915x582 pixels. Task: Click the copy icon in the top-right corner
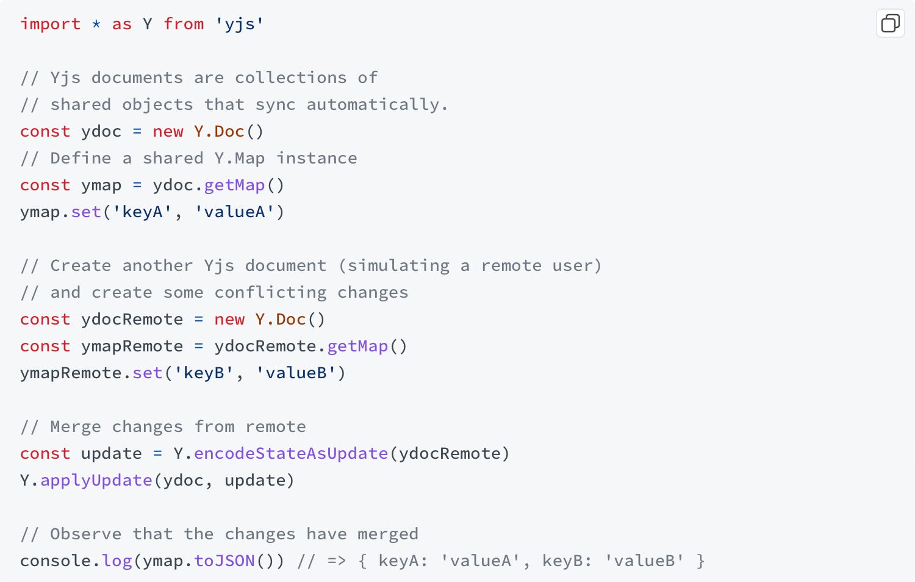tap(890, 24)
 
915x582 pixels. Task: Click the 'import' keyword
tap(50, 24)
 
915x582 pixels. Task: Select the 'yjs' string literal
tap(240, 24)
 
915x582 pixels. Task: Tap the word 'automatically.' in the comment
tap(377, 105)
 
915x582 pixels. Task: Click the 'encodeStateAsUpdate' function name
tap(291, 454)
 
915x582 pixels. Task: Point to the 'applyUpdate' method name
tap(96, 481)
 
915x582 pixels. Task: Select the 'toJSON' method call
tap(224, 561)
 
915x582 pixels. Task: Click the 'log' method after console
tap(117, 561)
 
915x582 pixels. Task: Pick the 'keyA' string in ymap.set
tap(143, 212)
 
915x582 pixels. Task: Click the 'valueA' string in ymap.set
tap(235, 212)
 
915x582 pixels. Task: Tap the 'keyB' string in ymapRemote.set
tap(204, 373)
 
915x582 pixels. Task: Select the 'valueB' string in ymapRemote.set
tap(296, 373)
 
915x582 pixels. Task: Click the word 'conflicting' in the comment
tap(270, 293)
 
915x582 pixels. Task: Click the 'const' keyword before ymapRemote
tap(45, 347)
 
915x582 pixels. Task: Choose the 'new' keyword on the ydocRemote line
tap(229, 320)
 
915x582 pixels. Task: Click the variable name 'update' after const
tap(112, 454)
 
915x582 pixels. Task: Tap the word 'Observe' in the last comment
tap(86, 534)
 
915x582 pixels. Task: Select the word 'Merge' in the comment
tap(76, 427)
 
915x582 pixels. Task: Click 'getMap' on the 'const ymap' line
tap(235, 185)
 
